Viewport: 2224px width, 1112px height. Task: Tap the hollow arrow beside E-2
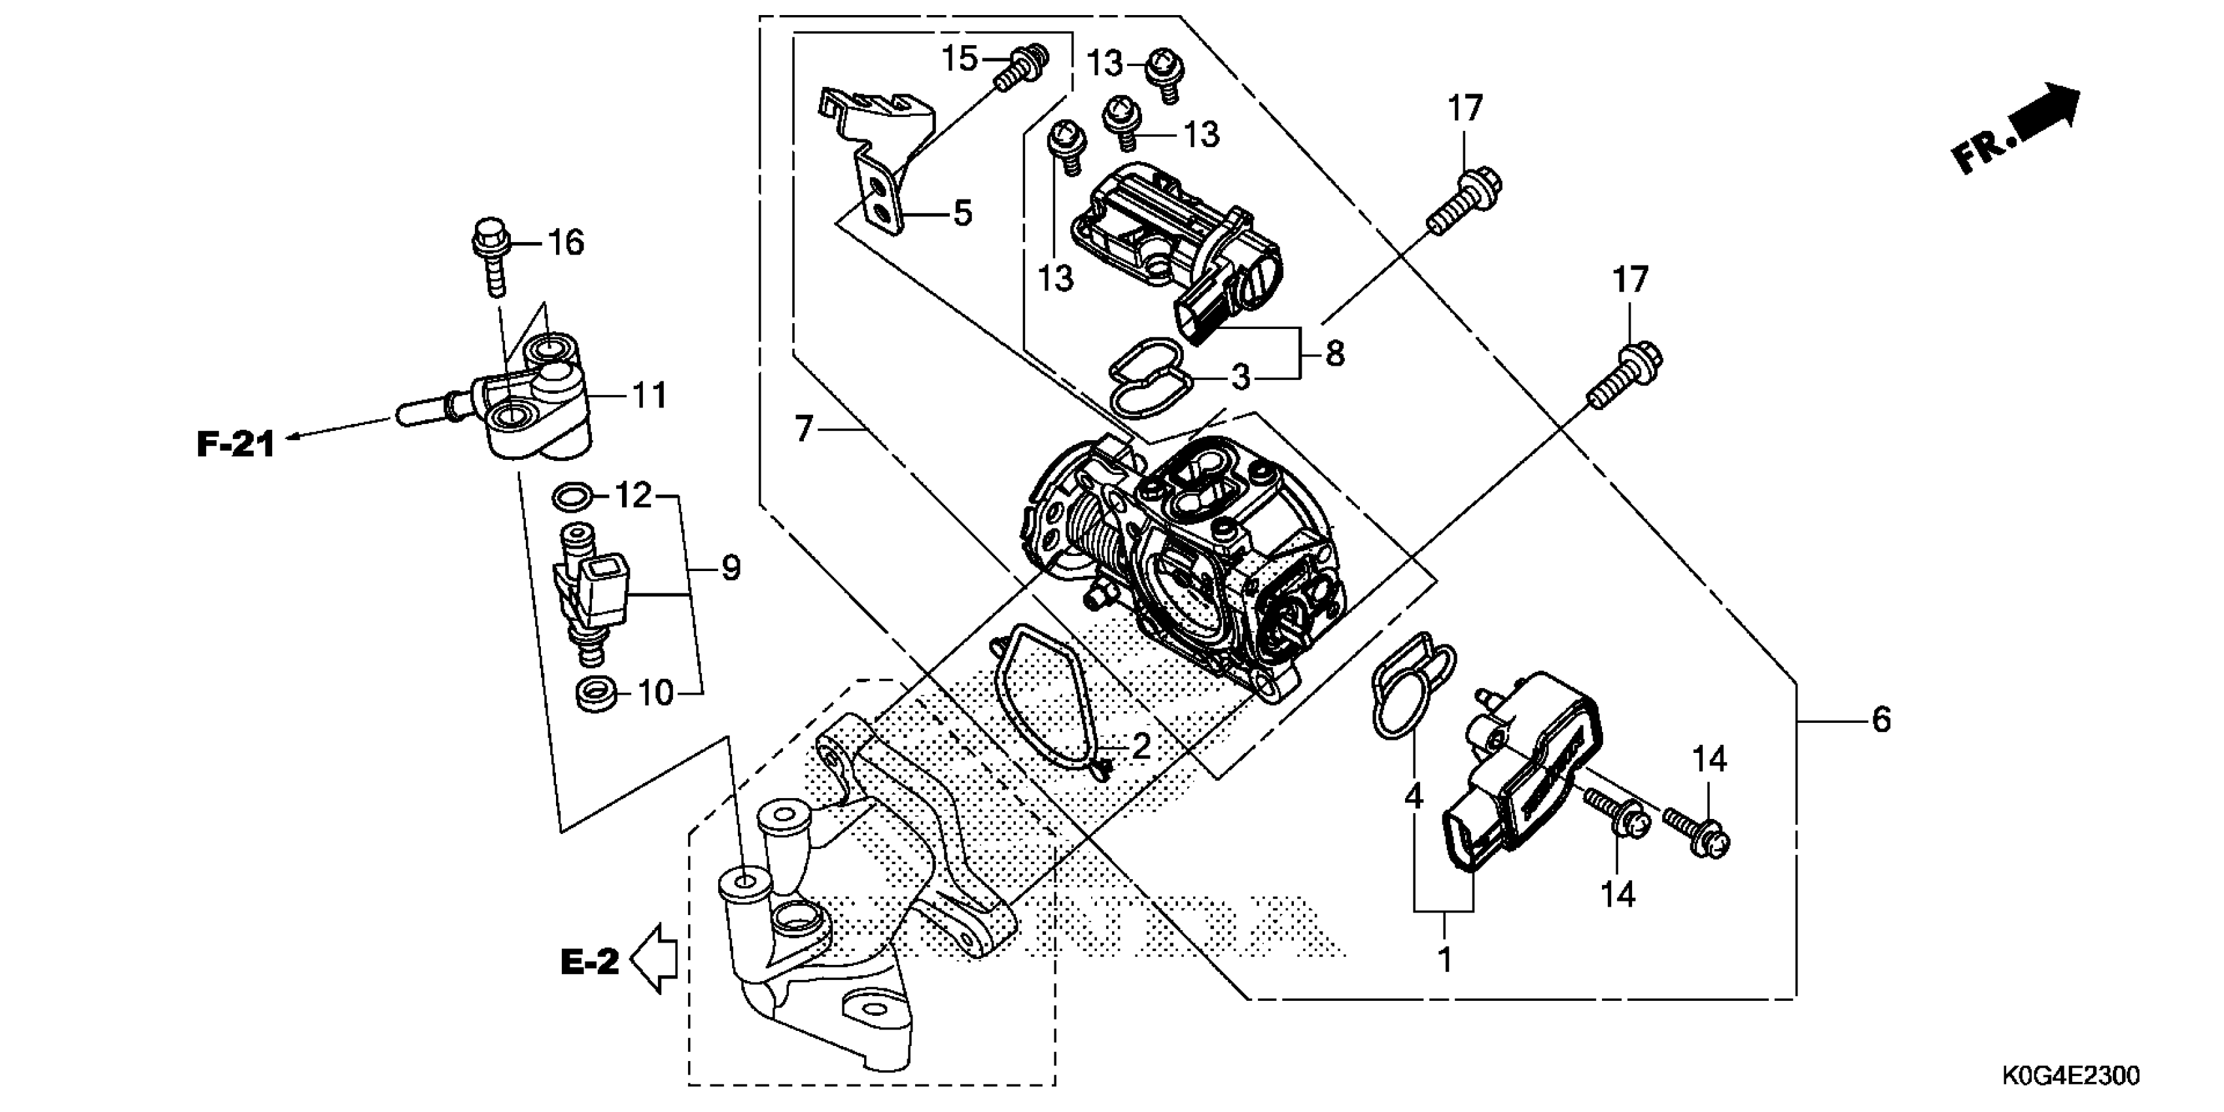654,958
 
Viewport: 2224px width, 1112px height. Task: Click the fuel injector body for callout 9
594,596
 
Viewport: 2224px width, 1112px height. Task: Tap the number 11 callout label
650,396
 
